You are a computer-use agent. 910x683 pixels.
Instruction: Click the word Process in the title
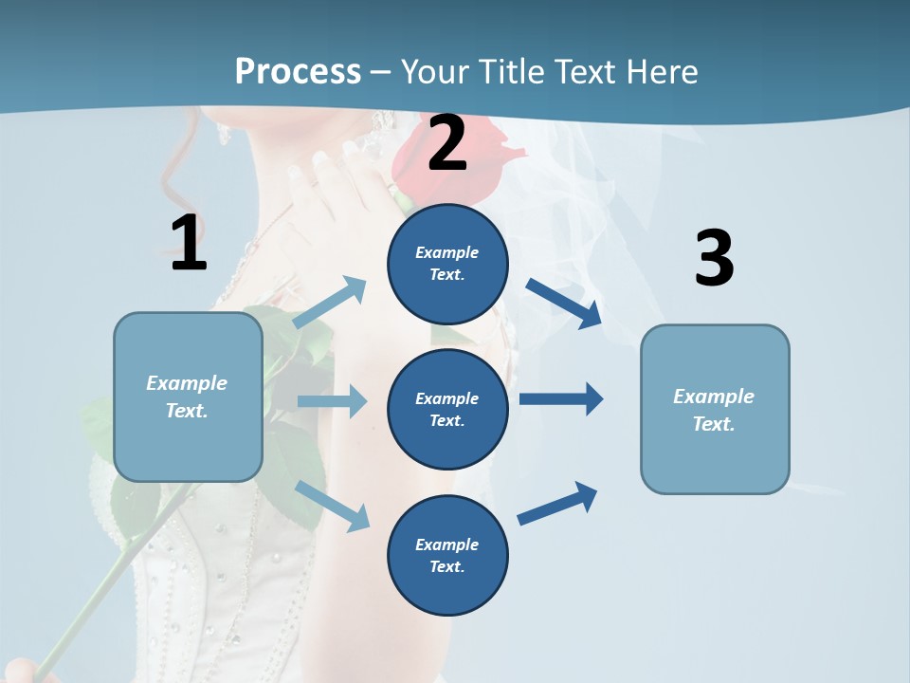coord(298,71)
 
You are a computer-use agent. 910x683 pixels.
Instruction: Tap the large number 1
coord(189,243)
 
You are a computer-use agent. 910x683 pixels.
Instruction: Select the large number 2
coord(447,144)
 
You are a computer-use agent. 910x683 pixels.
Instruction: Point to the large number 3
coord(714,259)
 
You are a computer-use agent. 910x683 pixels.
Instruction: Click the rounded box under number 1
coord(188,397)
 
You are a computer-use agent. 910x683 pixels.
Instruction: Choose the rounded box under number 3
coord(715,409)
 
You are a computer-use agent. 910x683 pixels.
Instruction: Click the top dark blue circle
coord(447,263)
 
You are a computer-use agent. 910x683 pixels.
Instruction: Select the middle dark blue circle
coord(447,409)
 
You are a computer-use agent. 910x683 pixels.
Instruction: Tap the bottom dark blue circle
coord(447,555)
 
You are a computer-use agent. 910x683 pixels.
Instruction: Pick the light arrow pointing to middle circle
coord(332,401)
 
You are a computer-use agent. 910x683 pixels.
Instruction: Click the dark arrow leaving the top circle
coord(564,304)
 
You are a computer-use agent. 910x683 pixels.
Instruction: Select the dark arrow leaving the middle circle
coord(561,398)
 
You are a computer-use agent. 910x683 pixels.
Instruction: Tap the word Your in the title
coord(435,71)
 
